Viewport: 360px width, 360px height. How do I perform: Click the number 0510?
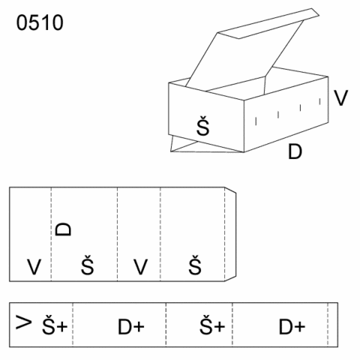tap(40, 22)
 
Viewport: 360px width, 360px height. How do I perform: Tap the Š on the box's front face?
tap(202, 126)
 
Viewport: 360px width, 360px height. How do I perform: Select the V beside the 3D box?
tap(341, 98)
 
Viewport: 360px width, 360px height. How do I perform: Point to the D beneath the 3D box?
tap(295, 151)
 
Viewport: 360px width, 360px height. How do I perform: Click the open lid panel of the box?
tap(245, 58)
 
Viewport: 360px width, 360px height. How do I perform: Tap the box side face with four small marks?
tap(286, 114)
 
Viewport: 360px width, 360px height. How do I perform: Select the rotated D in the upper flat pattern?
tap(63, 229)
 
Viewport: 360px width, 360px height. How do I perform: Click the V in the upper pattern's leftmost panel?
tap(34, 267)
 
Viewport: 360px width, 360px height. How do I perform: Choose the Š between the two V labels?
tap(88, 265)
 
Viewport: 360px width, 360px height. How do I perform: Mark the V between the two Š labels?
tap(140, 267)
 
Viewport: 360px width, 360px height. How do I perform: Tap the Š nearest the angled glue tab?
tap(195, 265)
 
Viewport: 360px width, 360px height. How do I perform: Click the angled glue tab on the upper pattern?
tap(230, 234)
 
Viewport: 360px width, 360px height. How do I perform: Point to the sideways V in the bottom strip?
tap(24, 322)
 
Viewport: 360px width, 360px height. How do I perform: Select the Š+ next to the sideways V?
tap(55, 324)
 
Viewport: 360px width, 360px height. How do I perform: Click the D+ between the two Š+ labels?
tap(131, 326)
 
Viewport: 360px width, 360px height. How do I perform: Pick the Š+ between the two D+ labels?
tap(212, 324)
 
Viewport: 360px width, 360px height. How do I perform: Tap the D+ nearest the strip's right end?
tap(292, 326)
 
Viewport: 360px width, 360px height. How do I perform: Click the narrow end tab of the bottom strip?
tap(333, 325)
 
